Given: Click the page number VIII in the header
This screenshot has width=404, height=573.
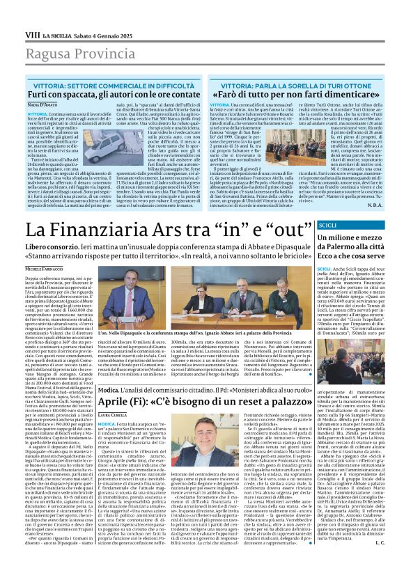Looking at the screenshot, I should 31,34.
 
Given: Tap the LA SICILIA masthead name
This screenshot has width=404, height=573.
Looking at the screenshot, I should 59,34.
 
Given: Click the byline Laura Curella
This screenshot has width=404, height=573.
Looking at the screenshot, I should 114,394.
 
